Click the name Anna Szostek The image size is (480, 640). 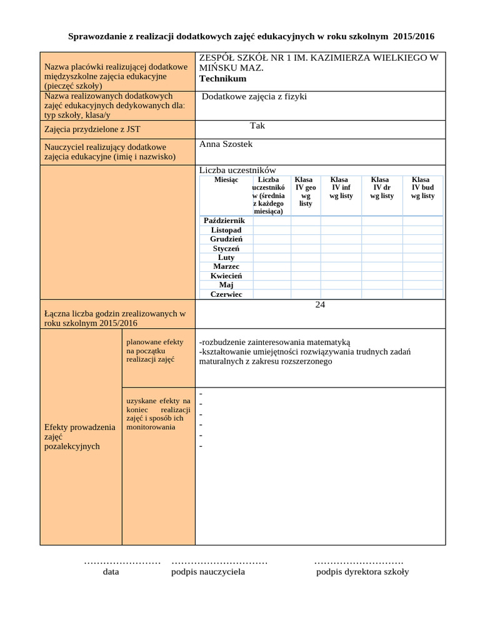[x=226, y=144]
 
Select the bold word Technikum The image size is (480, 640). [x=222, y=79]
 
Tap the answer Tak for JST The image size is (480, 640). [x=257, y=126]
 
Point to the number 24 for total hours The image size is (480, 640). [x=320, y=305]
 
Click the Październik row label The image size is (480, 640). [x=224, y=221]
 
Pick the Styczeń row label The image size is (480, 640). [x=226, y=249]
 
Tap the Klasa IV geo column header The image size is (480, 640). [x=306, y=191]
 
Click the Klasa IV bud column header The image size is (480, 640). [x=422, y=187]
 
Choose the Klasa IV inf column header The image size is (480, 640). [x=341, y=187]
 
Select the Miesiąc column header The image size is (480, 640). [x=226, y=180]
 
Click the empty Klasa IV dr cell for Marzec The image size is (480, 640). [x=382, y=267]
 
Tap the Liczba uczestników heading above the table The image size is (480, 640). [x=237, y=171]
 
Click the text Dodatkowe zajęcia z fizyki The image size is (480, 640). [x=254, y=97]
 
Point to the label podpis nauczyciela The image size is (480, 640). [x=208, y=572]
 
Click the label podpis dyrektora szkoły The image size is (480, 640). [x=362, y=572]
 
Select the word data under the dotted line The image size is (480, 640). [x=111, y=572]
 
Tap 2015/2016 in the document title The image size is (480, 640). [x=414, y=37]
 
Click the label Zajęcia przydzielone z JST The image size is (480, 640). [x=92, y=129]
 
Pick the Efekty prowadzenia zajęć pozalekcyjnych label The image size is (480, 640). [x=80, y=437]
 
